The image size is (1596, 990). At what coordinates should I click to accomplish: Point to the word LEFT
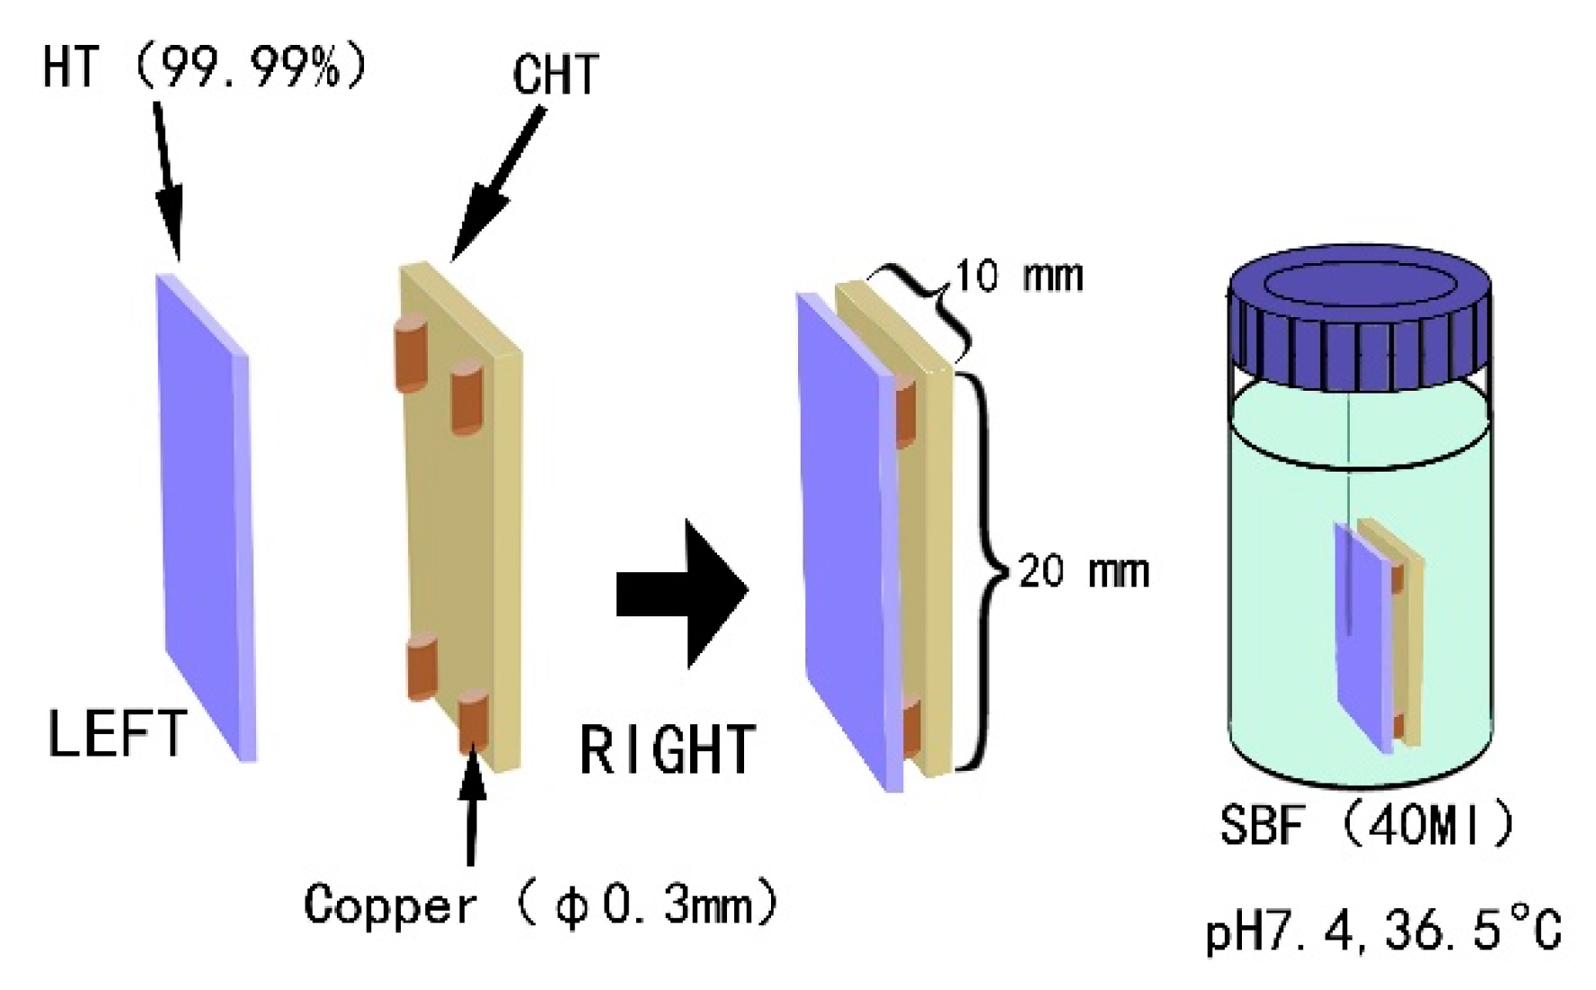click(117, 734)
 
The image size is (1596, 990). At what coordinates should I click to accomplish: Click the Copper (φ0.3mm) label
click(539, 905)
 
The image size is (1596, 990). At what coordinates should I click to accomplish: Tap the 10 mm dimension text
click(1018, 276)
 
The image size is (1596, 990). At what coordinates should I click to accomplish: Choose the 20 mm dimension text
click(1083, 571)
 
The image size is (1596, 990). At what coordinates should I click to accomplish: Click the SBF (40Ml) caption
click(1366, 824)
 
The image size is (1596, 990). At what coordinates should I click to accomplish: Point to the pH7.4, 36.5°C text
click(1384, 932)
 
